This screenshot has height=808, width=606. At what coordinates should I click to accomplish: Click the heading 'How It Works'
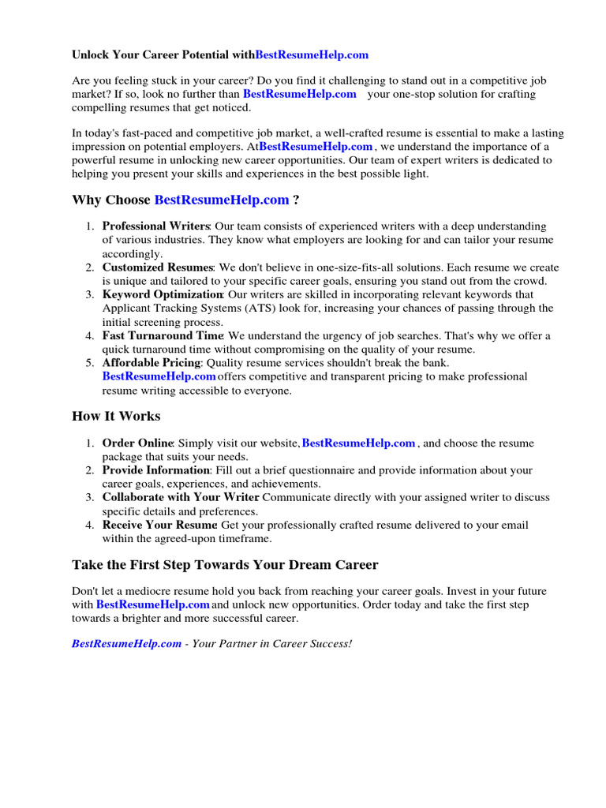tap(116, 416)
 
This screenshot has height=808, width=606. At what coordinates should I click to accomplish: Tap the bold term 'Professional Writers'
tap(156, 226)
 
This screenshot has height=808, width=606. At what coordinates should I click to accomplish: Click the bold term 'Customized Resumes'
tap(158, 267)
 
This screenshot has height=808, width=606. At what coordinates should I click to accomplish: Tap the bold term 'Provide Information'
tap(155, 470)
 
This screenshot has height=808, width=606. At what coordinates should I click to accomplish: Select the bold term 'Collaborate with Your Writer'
tap(181, 498)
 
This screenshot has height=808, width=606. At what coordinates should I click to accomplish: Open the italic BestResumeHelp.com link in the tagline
tap(126, 644)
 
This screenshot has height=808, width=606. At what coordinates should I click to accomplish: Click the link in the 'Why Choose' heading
tap(222, 200)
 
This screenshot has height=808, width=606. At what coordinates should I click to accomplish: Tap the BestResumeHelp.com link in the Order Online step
tap(358, 443)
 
